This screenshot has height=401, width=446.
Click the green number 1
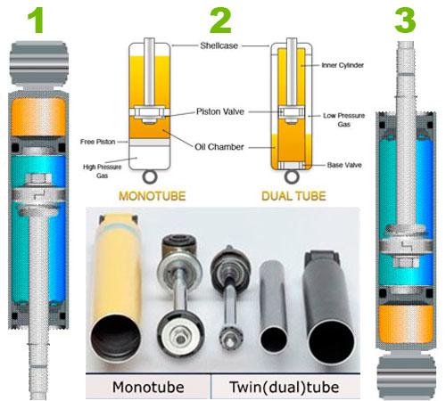[x=37, y=20]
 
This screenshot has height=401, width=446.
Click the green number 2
[x=220, y=20]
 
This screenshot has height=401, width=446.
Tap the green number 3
[x=405, y=20]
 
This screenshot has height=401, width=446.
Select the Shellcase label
[x=219, y=45]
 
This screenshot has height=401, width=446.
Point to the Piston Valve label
[x=220, y=111]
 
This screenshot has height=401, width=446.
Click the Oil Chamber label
[x=219, y=147]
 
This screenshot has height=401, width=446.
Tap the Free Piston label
[x=97, y=142]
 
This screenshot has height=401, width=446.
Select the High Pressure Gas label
[x=102, y=171]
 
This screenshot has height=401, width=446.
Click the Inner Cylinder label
[x=343, y=65]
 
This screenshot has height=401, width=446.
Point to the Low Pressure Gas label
[x=344, y=119]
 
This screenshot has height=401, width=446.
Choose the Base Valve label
[x=344, y=165]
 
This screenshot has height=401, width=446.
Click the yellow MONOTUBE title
[x=153, y=196]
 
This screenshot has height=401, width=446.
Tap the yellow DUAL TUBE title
[x=293, y=196]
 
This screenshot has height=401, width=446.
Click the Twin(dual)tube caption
[x=285, y=387]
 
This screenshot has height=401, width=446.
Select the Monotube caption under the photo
[x=148, y=387]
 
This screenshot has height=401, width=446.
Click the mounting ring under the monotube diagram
[x=150, y=177]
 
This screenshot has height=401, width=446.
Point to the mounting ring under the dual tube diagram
[x=292, y=177]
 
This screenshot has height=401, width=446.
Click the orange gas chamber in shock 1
[x=38, y=117]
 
